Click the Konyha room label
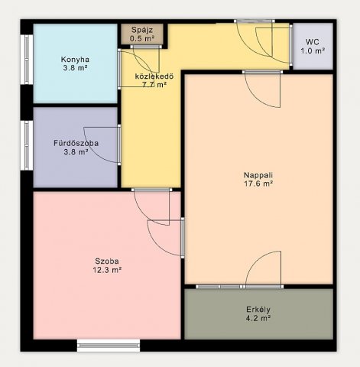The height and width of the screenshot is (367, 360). [75, 60]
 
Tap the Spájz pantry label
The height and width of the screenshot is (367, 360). [142, 30]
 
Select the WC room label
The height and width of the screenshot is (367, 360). [313, 42]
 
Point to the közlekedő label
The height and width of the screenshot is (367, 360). [154, 76]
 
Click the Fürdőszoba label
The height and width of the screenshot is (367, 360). [76, 143]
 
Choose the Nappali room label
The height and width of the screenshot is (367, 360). [258, 175]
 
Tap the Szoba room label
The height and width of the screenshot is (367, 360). [107, 261]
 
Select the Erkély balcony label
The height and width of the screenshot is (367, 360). [258, 310]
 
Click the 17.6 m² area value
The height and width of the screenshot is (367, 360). [259, 183]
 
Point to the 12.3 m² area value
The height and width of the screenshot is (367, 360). [107, 270]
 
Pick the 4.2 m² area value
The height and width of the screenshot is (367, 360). [258, 318]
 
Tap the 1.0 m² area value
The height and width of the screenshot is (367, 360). [313, 50]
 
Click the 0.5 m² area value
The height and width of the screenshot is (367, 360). [142, 39]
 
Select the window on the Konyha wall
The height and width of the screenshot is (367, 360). [27, 60]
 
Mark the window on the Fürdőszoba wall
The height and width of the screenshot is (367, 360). [27, 145]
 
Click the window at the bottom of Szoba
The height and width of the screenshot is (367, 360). [109, 346]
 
